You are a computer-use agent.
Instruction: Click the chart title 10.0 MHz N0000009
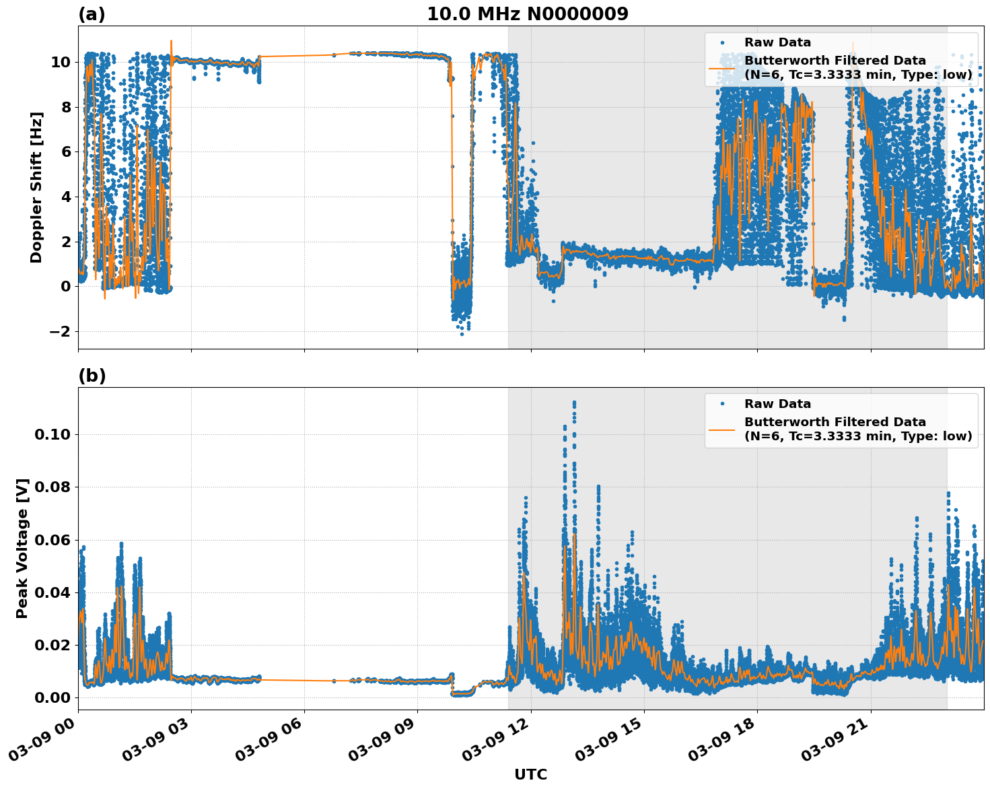tap(528, 14)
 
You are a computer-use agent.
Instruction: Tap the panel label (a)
tap(92, 14)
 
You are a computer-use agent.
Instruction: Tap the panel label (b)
tap(92, 376)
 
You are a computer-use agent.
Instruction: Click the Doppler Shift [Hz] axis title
tap(36, 187)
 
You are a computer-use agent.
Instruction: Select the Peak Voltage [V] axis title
tap(22, 548)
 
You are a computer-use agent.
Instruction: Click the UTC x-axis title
tap(530, 774)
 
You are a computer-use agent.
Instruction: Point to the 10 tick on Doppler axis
tap(61, 62)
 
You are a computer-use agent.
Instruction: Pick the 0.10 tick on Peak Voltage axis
tap(52, 434)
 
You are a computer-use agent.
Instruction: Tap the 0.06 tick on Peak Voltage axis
tap(52, 539)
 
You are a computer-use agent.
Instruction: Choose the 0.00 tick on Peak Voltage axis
tap(52, 697)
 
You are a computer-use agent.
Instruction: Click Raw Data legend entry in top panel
tap(777, 42)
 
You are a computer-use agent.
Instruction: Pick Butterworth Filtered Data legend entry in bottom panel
tap(835, 429)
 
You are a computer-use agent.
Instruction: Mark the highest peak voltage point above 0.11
tap(574, 402)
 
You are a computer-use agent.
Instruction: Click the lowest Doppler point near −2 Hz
tap(462, 334)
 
